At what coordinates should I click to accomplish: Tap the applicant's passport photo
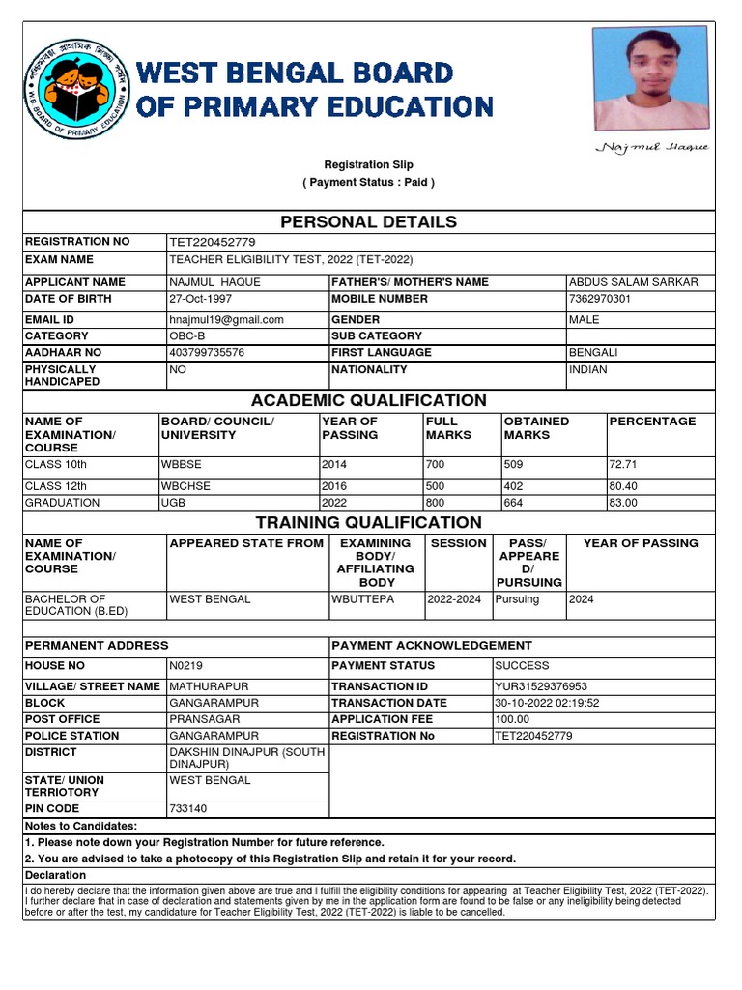650,78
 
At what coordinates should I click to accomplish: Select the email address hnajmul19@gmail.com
227,320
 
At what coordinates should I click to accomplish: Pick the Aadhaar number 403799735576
207,354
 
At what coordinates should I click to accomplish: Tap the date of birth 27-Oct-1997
201,299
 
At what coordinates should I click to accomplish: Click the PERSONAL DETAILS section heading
368,222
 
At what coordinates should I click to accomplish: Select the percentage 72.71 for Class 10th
623,464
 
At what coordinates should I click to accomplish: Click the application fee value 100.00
512,719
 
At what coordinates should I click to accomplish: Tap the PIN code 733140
187,808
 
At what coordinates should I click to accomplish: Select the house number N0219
186,666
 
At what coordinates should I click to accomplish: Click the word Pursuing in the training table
517,599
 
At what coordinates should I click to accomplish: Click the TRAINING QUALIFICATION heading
368,523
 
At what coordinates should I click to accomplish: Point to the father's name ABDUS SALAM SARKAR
634,282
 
